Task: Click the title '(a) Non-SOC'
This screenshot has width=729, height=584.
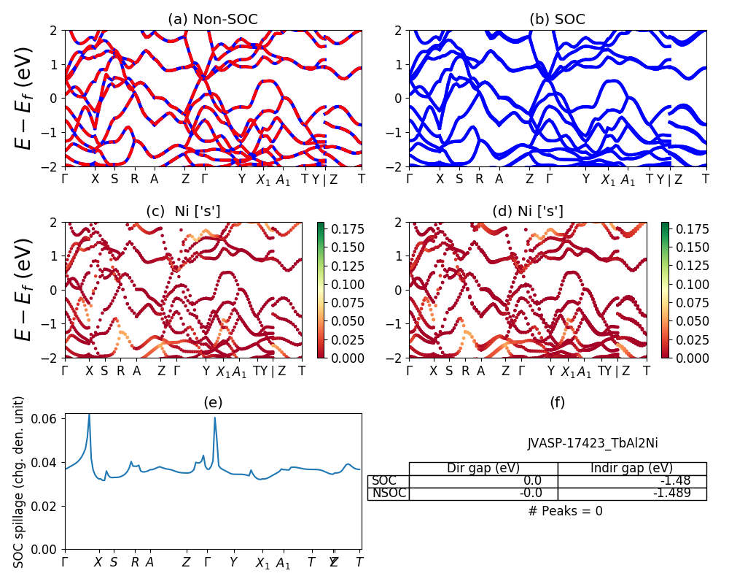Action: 213,19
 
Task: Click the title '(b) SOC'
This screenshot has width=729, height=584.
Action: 557,19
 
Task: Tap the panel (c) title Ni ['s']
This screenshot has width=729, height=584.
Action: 184,211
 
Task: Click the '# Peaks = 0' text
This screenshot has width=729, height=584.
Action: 565,511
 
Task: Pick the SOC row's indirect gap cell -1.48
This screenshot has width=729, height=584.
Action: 632,481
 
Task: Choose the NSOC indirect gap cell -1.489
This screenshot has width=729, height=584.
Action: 632,493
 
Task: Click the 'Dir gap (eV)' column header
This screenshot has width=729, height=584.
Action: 483,468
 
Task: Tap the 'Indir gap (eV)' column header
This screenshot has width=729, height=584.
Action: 632,468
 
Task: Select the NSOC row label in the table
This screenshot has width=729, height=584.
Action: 388,493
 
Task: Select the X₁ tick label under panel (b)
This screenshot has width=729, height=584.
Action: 608,180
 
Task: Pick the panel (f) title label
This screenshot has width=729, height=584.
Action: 557,402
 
